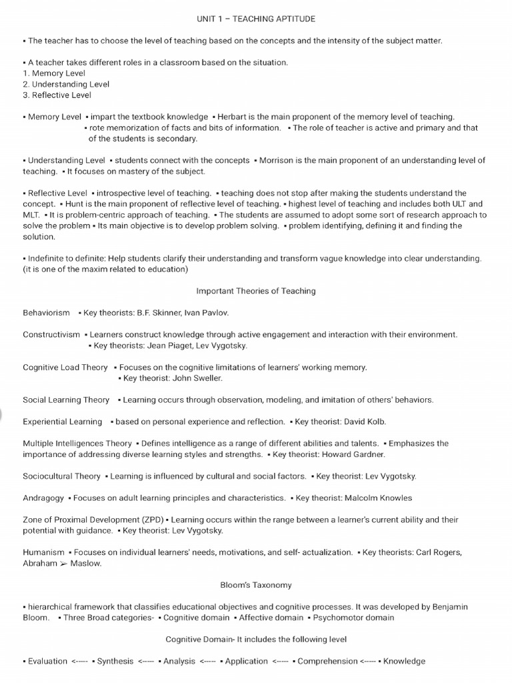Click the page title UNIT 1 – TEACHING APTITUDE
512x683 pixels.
(256, 19)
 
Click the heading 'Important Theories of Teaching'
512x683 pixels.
(256, 291)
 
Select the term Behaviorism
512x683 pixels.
(46, 312)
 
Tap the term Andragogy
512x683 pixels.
(43, 498)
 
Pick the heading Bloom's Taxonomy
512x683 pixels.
(256, 585)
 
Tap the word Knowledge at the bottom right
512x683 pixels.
(404, 661)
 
